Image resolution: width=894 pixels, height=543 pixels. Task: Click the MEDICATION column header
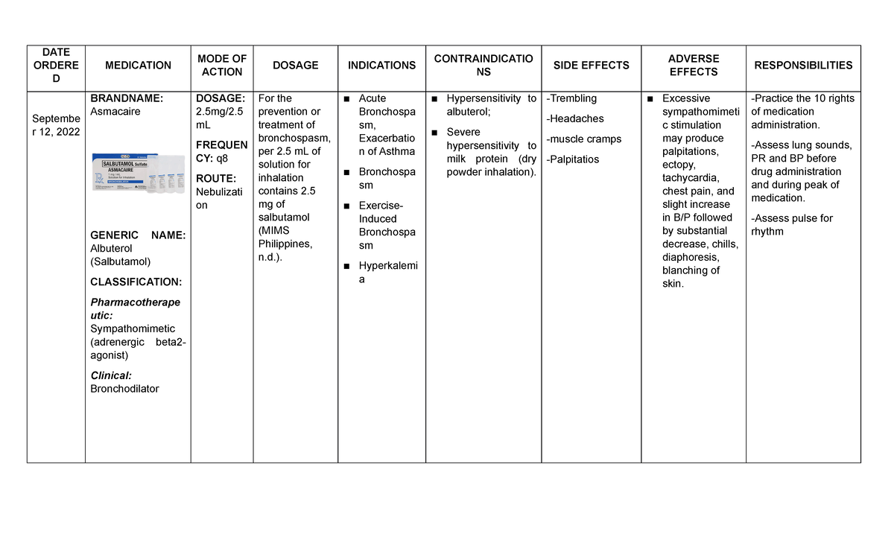click(138, 66)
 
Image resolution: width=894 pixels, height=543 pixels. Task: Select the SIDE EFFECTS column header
click(591, 66)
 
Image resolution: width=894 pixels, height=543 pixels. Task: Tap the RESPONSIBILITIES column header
click(803, 66)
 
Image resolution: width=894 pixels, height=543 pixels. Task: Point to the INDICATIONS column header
click(381, 66)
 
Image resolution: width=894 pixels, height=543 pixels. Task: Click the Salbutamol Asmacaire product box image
click(137, 173)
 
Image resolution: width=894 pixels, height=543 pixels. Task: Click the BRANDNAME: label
click(126, 98)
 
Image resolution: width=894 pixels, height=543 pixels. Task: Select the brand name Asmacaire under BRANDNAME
click(115, 112)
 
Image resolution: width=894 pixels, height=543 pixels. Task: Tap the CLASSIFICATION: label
click(135, 282)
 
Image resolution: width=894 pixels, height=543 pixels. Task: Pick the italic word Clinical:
click(110, 375)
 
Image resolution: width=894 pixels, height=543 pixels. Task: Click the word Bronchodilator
click(124, 389)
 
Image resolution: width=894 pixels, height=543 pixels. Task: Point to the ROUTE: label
click(215, 179)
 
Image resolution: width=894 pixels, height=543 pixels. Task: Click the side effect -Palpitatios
click(573, 159)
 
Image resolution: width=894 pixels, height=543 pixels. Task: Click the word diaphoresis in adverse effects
click(691, 258)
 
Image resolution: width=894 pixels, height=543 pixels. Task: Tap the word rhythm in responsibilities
click(767, 232)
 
